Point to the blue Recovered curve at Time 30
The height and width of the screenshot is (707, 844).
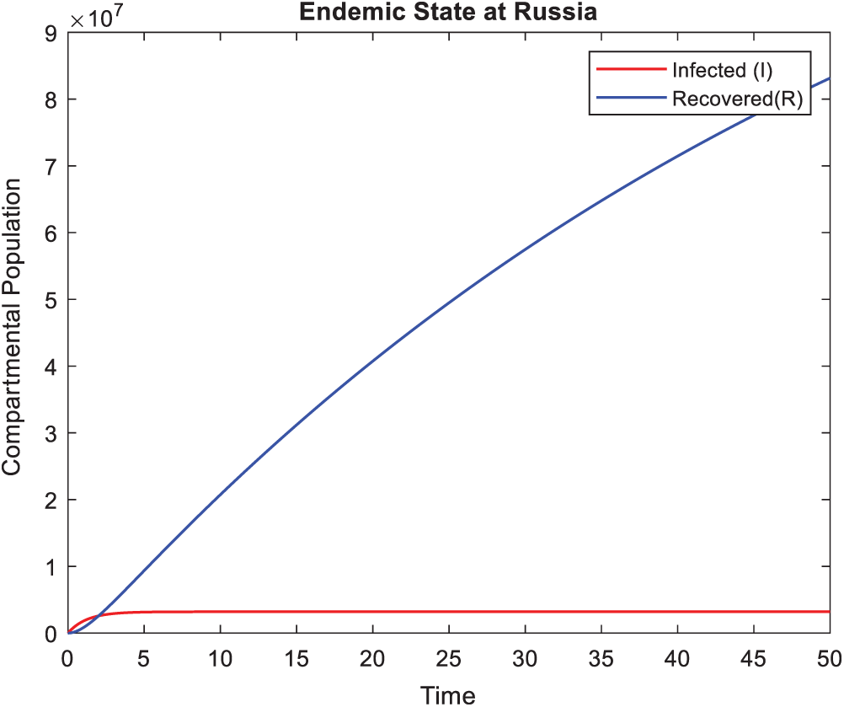524,249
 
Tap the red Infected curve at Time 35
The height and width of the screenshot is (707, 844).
601,612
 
